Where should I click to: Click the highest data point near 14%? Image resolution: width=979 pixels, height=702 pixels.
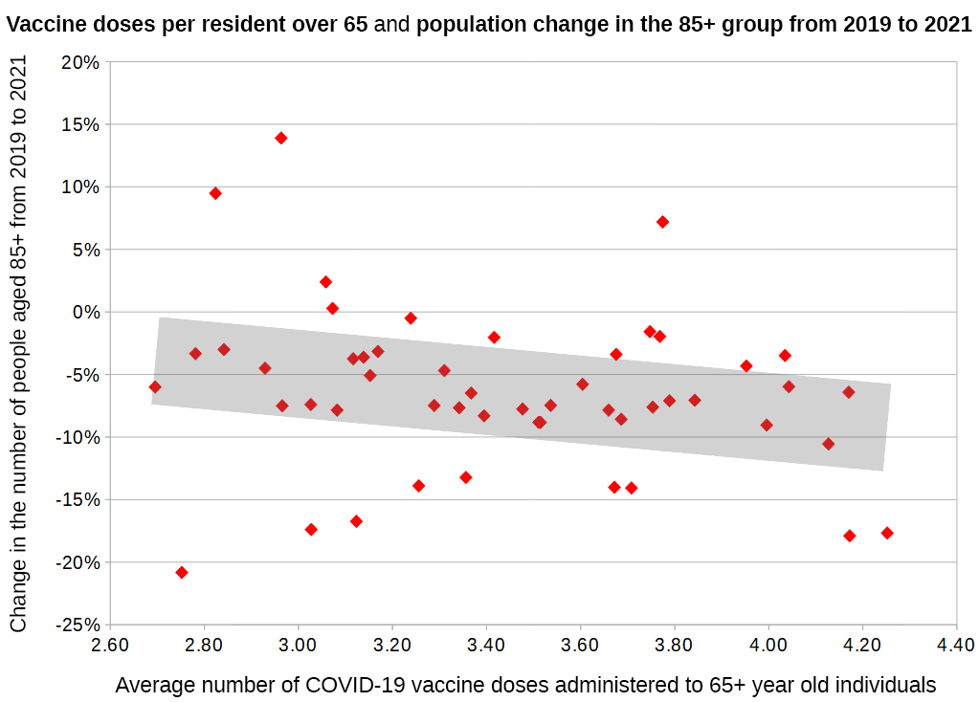[281, 138]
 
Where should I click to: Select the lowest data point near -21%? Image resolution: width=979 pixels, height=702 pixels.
[182, 572]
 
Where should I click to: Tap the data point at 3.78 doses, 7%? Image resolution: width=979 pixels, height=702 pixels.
[662, 222]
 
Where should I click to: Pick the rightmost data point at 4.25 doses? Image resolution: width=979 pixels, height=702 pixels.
[887, 533]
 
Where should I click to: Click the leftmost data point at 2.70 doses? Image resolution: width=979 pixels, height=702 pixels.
[155, 386]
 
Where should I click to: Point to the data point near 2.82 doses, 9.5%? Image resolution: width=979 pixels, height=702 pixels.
[215, 193]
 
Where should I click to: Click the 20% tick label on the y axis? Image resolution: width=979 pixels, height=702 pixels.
[80, 62]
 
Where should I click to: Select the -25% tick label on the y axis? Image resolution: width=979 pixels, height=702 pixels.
[77, 625]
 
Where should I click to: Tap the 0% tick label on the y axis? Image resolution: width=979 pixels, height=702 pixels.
[86, 312]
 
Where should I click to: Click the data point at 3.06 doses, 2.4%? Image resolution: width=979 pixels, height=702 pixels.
[325, 282]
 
